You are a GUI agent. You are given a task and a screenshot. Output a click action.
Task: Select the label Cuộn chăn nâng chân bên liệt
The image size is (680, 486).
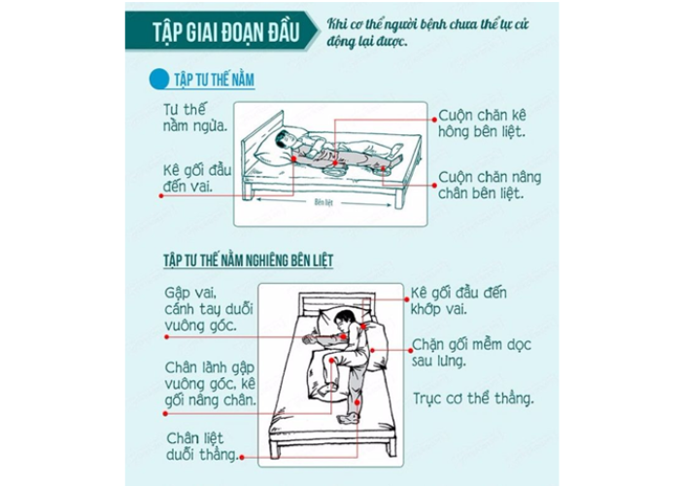[489, 185]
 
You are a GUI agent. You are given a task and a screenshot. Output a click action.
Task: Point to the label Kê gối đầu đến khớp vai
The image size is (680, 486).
[465, 300]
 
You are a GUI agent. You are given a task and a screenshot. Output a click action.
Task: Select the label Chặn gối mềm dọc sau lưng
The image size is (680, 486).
[470, 353]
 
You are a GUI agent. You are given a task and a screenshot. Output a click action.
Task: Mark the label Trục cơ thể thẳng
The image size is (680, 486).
[472, 399]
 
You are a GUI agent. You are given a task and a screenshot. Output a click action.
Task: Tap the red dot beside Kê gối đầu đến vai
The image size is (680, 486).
[155, 194]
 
